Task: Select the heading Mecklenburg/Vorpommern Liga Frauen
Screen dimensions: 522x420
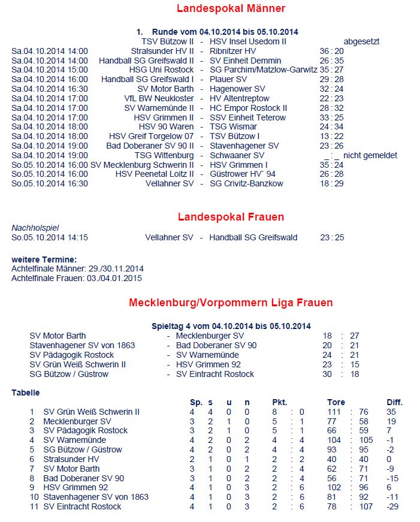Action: (x=231, y=303)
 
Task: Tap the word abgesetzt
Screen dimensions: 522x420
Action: (x=361, y=41)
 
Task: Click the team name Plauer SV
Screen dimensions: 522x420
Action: (x=228, y=79)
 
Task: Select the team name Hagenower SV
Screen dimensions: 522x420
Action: (x=237, y=89)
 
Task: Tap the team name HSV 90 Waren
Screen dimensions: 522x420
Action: (x=166, y=126)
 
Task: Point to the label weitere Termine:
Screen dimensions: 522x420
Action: (x=44, y=259)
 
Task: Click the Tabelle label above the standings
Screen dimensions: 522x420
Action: (x=26, y=393)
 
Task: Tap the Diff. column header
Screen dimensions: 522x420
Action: (x=394, y=402)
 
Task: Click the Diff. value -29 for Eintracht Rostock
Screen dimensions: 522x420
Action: (x=393, y=506)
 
